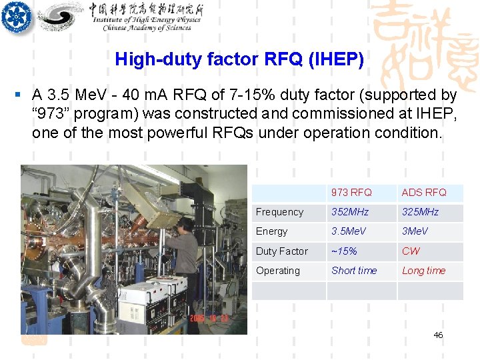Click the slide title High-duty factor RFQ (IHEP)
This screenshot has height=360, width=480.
(239, 60)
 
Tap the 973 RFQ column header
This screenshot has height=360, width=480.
(351, 193)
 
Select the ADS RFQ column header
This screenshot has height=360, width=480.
(423, 193)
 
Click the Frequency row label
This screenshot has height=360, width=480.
(279, 212)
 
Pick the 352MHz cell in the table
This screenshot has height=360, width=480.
(351, 212)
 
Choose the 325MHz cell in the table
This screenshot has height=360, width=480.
(420, 212)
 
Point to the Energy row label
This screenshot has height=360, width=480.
(272, 231)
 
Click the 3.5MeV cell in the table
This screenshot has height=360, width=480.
(349, 231)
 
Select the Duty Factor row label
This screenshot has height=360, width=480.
(282, 251)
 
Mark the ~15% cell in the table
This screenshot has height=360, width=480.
(344, 251)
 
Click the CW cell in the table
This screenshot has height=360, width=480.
(411, 251)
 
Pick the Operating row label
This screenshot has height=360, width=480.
(278, 271)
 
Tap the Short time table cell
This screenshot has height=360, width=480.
(354, 271)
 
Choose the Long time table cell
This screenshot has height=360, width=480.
(423, 271)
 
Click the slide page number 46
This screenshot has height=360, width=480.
(438, 335)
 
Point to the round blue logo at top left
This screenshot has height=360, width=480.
(16, 16)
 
